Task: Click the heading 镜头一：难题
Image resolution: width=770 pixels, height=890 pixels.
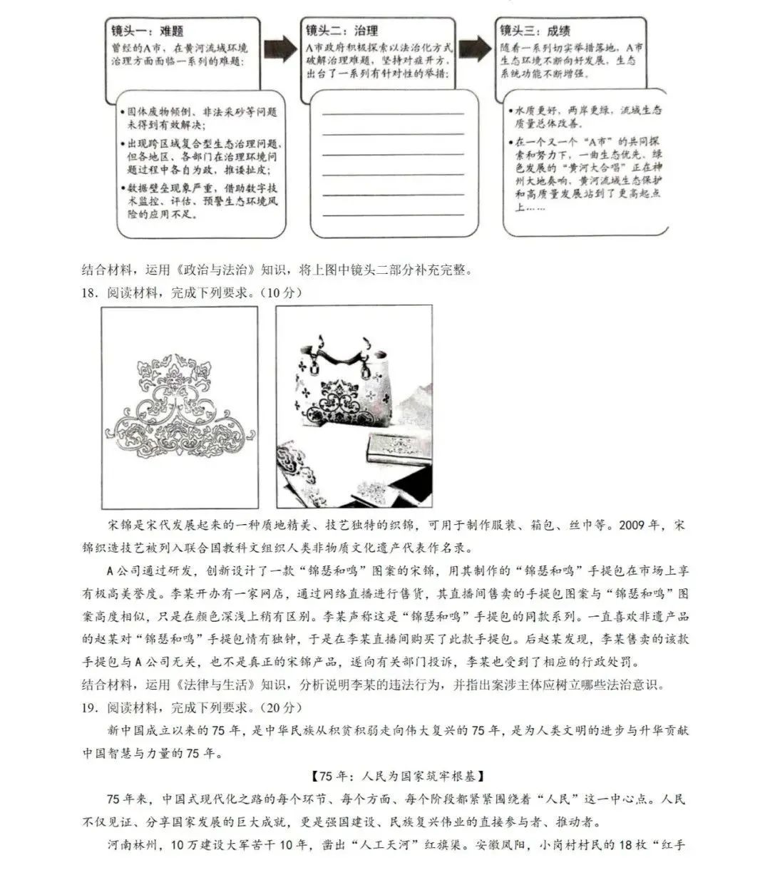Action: pyautogui.click(x=147, y=31)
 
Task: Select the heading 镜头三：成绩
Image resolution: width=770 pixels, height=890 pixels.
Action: pyautogui.click(x=534, y=31)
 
